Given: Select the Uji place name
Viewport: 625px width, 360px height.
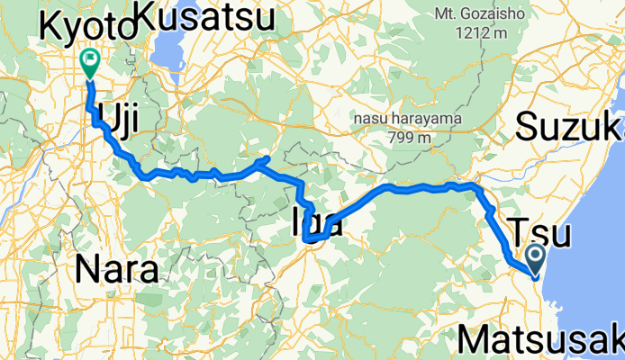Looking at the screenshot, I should point(121,112).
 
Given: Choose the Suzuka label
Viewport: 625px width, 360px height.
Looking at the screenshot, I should point(569,128).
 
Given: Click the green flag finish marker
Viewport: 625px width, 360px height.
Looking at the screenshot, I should point(90,61).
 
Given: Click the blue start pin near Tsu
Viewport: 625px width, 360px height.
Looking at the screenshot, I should point(533,259).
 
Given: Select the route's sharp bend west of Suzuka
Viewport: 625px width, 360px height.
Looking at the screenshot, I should point(474,185).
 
